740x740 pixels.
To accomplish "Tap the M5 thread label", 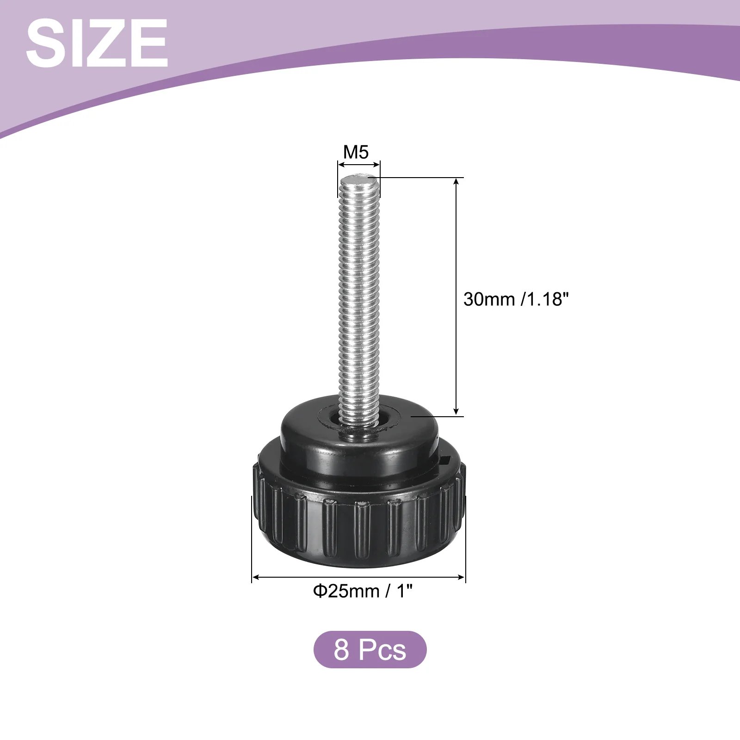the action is (356, 152).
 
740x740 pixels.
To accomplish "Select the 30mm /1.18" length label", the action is (516, 299).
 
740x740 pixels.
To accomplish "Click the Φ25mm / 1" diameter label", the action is (363, 591).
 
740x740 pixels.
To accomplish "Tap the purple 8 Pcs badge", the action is (370, 649).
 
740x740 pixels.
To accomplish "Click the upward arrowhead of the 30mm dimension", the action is (456, 181).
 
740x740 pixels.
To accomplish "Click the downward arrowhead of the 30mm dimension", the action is (456, 411).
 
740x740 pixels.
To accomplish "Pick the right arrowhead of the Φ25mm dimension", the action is (461, 577).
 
